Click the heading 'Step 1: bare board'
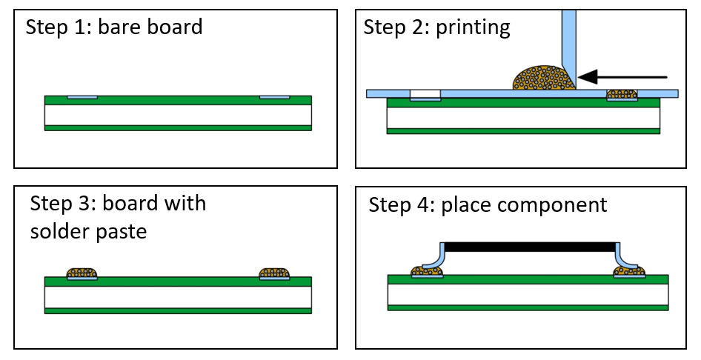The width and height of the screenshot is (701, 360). click(114, 28)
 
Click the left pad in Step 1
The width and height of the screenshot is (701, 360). click(82, 97)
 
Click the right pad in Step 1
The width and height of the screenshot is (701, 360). click(274, 97)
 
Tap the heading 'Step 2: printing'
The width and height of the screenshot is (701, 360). click(436, 27)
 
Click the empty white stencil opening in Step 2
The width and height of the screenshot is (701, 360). click(425, 95)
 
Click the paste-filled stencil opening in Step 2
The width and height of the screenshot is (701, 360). click(622, 95)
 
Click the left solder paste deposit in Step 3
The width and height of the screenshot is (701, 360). click(82, 274)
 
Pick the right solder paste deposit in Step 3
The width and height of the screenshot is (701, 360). click(274, 274)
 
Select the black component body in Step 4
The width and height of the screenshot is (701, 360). click(529, 247)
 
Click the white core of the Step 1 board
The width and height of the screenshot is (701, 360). click(178, 115)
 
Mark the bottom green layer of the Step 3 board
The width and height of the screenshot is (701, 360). click(178, 310)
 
